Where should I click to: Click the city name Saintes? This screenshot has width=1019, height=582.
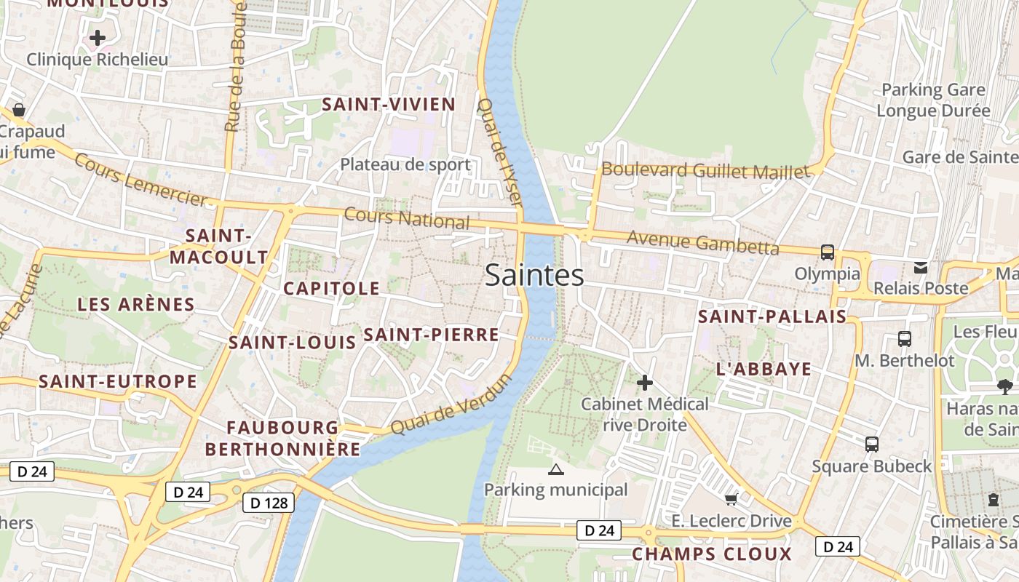[x=534, y=275]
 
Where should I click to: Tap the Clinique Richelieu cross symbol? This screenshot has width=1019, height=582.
[x=98, y=38]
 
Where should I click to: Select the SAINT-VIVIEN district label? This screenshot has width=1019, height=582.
[x=389, y=104]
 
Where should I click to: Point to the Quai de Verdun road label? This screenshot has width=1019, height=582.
[x=451, y=404]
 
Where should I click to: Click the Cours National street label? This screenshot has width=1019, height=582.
[x=406, y=218]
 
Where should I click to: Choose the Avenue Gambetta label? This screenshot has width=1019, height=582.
[x=702, y=242]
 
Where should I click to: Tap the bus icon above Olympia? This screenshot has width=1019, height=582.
[x=827, y=252]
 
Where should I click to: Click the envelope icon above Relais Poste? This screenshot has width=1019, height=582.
[x=921, y=267]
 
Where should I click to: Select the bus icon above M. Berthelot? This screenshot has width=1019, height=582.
[x=904, y=338]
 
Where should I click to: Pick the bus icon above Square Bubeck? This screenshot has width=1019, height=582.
[x=871, y=444]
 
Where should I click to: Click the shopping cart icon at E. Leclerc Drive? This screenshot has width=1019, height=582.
[x=731, y=499]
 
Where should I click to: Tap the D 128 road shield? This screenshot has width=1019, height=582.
[x=269, y=503]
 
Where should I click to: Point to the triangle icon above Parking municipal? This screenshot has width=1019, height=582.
[x=555, y=469]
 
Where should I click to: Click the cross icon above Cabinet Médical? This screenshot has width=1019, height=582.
[x=644, y=382]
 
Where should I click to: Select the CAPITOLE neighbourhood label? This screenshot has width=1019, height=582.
[x=331, y=288]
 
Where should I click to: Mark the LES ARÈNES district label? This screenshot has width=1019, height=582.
[x=136, y=304]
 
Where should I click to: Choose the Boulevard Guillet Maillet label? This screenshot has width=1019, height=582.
[x=705, y=171]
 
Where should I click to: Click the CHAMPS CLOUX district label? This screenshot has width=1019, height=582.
[x=711, y=554]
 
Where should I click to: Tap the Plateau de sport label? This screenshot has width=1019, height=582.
[x=405, y=164]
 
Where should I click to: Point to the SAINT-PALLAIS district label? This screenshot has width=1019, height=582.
[x=772, y=316]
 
